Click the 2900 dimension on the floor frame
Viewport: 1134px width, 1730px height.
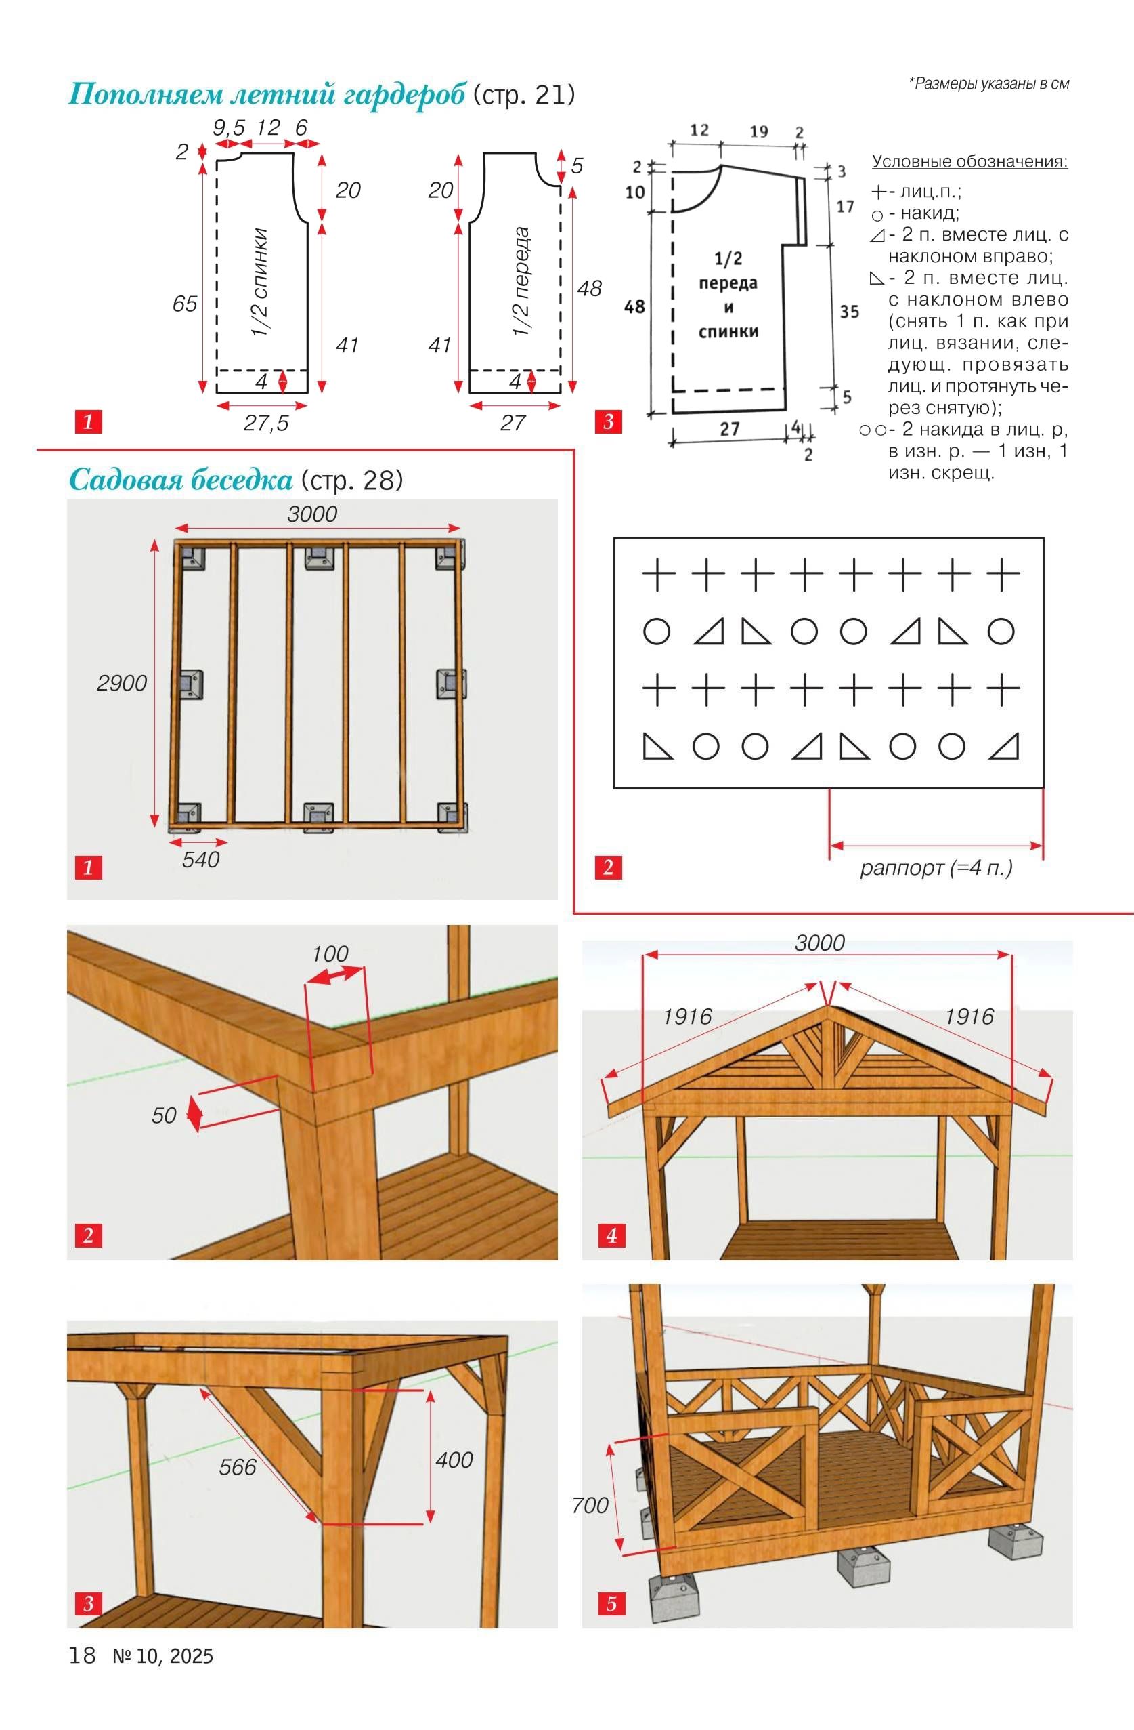[122, 683]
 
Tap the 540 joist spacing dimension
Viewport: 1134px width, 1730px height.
[200, 860]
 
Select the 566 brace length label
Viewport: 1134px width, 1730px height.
[238, 1467]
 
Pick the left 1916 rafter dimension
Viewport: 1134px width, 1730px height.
[687, 1016]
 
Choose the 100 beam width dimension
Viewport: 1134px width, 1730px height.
[330, 953]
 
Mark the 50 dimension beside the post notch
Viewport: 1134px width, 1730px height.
[165, 1115]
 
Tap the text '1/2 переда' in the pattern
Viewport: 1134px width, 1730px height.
[520, 282]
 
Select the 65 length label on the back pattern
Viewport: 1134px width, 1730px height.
[185, 304]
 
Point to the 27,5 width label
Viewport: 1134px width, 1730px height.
[266, 423]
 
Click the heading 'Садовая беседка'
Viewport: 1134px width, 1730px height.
[180, 480]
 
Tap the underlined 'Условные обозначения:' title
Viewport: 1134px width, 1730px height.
[969, 161]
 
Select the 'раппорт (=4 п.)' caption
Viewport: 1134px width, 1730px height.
[936, 868]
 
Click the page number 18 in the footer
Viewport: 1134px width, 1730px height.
[82, 1655]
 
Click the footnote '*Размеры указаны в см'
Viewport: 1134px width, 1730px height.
[988, 83]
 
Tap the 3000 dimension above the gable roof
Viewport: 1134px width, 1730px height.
[819, 943]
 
